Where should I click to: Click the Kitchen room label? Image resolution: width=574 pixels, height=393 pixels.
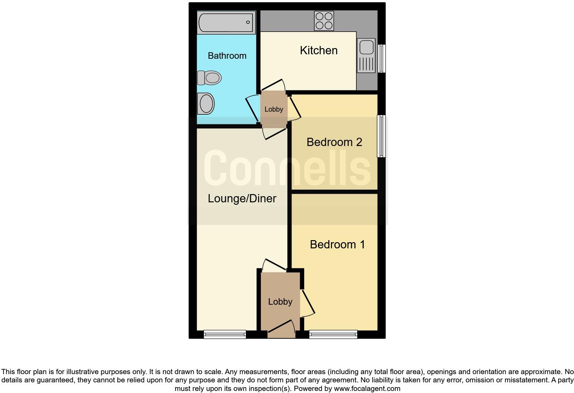(319, 50)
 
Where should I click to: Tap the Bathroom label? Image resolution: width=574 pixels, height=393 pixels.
(227, 56)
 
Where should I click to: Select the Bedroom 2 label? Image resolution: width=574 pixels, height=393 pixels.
(334, 142)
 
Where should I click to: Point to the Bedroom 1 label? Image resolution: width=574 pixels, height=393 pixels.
(337, 244)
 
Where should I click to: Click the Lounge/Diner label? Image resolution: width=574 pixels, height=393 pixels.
(242, 198)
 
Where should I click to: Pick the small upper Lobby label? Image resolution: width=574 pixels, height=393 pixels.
(274, 109)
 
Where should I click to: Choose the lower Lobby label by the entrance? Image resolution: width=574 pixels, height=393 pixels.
(280, 302)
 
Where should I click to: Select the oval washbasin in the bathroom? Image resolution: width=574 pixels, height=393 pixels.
(206, 103)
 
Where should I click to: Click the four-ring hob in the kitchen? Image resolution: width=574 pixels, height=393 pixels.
(324, 21)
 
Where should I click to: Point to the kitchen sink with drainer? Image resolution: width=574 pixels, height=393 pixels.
(366, 55)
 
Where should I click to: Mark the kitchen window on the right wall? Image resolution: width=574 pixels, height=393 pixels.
(381, 58)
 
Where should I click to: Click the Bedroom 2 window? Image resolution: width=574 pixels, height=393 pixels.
(381, 136)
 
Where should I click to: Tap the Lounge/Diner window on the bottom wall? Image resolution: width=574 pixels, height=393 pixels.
(225, 334)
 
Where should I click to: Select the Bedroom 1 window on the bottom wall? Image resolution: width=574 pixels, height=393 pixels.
(333, 334)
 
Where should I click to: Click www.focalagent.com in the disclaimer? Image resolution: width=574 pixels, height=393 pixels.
(367, 389)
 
